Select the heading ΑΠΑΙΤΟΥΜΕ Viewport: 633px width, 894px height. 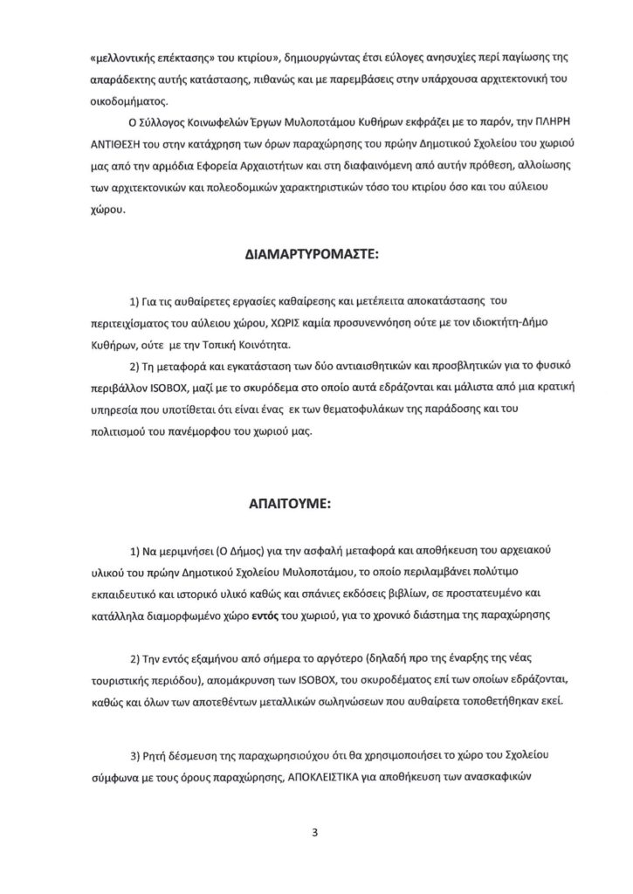(316, 504)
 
